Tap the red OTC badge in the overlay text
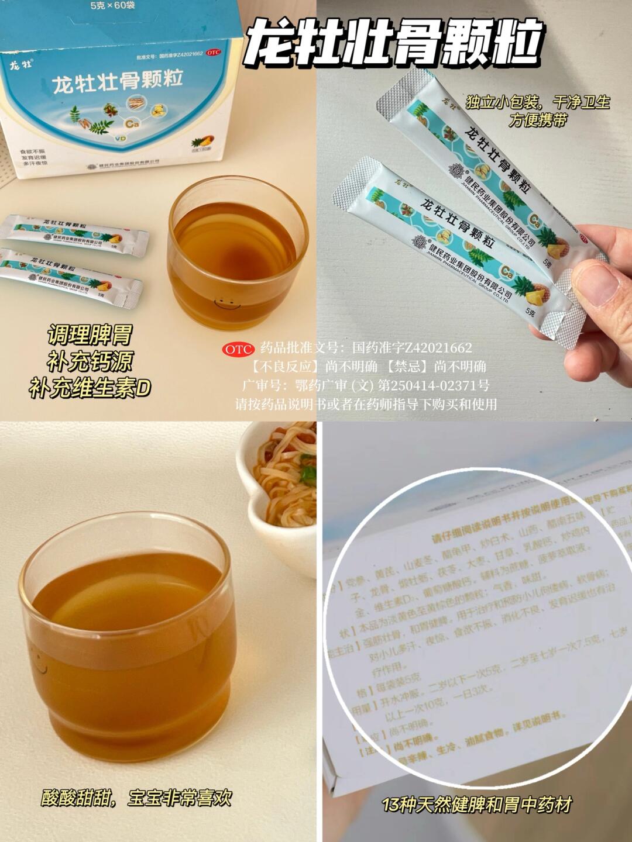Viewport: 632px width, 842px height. click(x=238, y=349)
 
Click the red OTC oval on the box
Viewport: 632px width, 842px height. click(x=214, y=53)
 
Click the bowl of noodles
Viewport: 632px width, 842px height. click(x=280, y=479)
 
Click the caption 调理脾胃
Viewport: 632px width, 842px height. click(x=90, y=336)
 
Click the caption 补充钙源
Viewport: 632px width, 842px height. click(x=90, y=362)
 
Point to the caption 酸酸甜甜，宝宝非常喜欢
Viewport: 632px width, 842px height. click(x=136, y=798)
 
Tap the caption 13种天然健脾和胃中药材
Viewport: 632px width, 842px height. click(x=476, y=805)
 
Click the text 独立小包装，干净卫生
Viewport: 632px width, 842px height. click(x=537, y=103)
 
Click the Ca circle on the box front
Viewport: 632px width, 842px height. click(x=130, y=123)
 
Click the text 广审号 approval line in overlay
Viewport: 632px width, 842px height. click(x=366, y=385)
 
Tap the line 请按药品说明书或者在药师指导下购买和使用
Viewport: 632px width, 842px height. click(x=366, y=404)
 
